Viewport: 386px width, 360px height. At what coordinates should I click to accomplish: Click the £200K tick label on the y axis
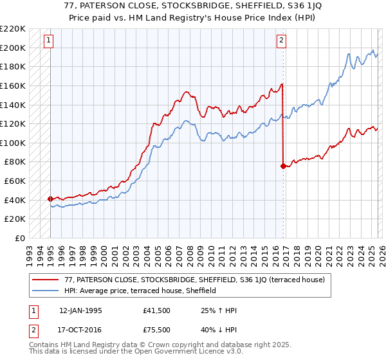(13, 48)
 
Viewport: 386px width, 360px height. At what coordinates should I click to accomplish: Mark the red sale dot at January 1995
(50, 199)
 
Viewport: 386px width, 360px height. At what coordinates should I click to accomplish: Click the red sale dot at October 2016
(282, 166)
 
